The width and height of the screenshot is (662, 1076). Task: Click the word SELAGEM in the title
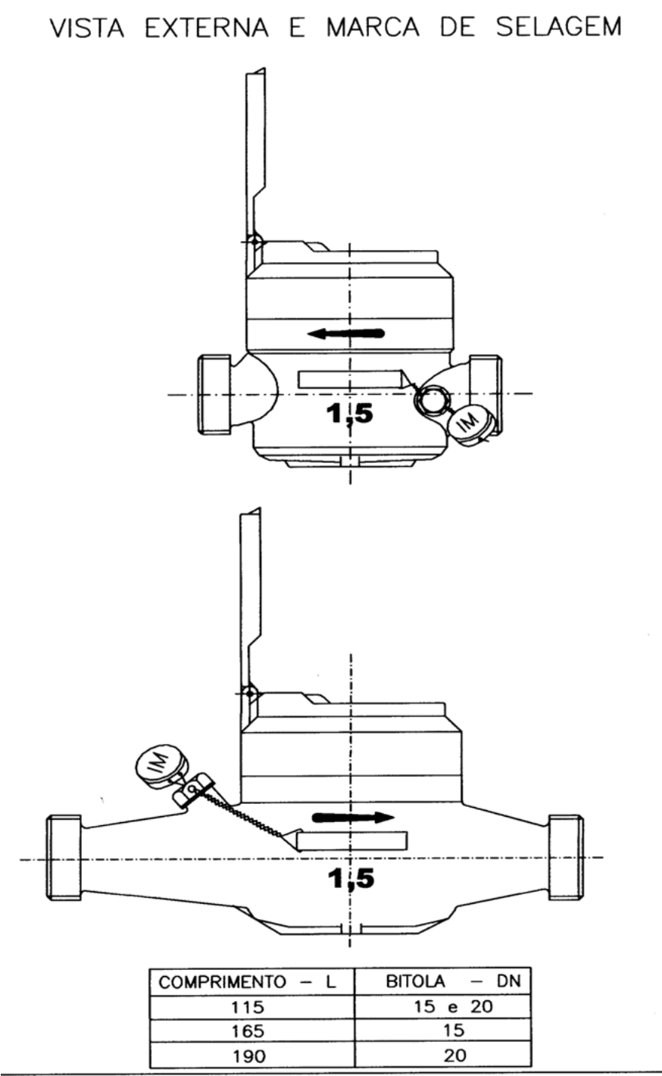[x=559, y=27]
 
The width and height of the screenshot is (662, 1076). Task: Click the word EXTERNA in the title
[x=207, y=27]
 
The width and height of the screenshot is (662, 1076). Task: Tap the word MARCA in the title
[x=373, y=27]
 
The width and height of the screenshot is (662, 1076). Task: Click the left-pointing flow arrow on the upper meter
[x=345, y=333]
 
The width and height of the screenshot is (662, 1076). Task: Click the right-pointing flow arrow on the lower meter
[x=353, y=817]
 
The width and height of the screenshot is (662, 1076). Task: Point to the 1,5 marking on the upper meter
[x=349, y=414]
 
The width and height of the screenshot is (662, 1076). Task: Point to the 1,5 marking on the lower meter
[x=351, y=878]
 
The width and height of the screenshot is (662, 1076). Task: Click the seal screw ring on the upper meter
[x=432, y=401]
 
